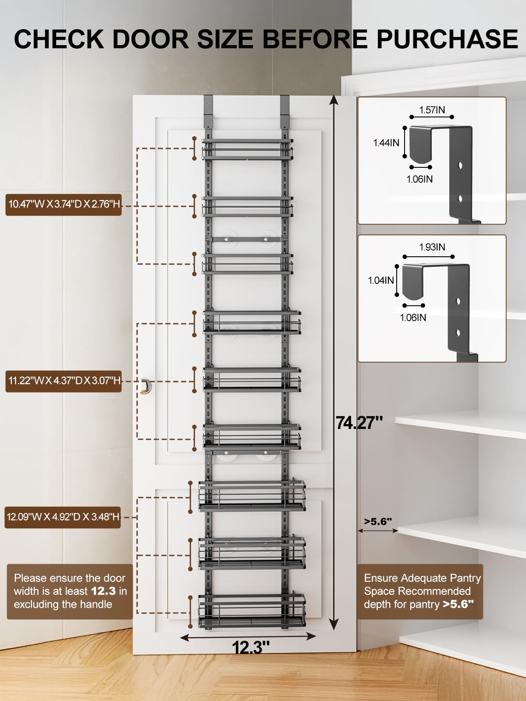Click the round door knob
tap(146, 386)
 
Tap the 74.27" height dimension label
tap(359, 423)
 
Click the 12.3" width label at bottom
tap(250, 647)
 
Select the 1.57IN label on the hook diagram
tap(432, 110)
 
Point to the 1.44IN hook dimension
tap(386, 143)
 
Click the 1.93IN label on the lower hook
tap(432, 247)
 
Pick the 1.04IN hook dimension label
tap(380, 280)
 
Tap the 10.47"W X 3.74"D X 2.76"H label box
tap(64, 204)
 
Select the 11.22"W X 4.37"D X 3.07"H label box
tap(64, 380)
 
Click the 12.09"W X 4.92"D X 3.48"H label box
tap(63, 517)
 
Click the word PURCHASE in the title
tap(447, 39)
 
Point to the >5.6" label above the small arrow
tap(377, 521)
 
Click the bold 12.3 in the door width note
tap(103, 591)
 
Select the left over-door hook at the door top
tap(208, 112)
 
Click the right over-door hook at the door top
tap(284, 112)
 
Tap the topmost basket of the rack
tap(247, 149)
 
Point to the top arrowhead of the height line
tap(334, 101)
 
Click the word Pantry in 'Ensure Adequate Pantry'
tap(466, 578)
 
